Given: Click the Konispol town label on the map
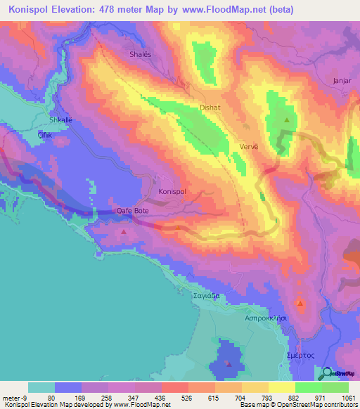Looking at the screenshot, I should [172, 191].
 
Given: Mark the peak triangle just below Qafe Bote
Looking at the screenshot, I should [124, 231].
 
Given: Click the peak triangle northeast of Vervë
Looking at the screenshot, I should [286, 119].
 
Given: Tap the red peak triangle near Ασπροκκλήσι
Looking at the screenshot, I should [301, 304].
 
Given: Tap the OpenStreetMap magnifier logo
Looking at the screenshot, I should [328, 373].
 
